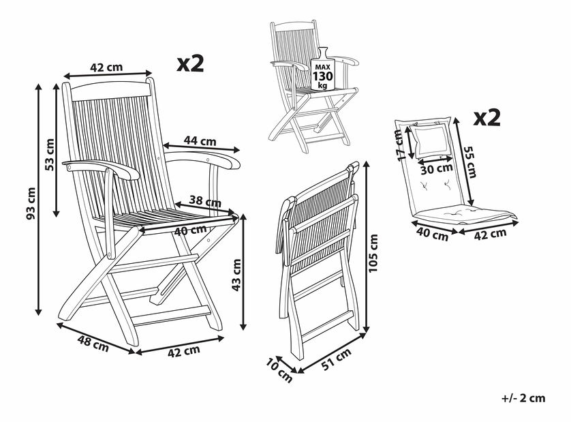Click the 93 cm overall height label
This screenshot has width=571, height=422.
click(x=31, y=204)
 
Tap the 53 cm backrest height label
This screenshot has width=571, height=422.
click(x=49, y=155)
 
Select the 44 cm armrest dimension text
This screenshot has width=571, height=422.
click(x=200, y=140)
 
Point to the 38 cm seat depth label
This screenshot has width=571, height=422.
click(x=205, y=201)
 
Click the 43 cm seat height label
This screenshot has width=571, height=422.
click(x=236, y=275)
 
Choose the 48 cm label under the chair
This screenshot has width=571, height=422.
click(x=93, y=344)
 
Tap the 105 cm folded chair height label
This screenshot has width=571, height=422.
click(x=373, y=254)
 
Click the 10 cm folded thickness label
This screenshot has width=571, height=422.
click(x=279, y=370)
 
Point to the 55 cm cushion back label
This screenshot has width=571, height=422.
click(x=469, y=162)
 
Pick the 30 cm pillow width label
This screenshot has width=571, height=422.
click(x=436, y=169)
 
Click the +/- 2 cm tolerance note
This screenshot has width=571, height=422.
click(x=524, y=398)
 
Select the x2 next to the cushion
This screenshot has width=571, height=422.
click(x=487, y=117)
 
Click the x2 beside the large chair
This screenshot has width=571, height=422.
click(x=191, y=63)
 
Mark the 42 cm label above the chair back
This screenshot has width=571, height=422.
click(x=106, y=67)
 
